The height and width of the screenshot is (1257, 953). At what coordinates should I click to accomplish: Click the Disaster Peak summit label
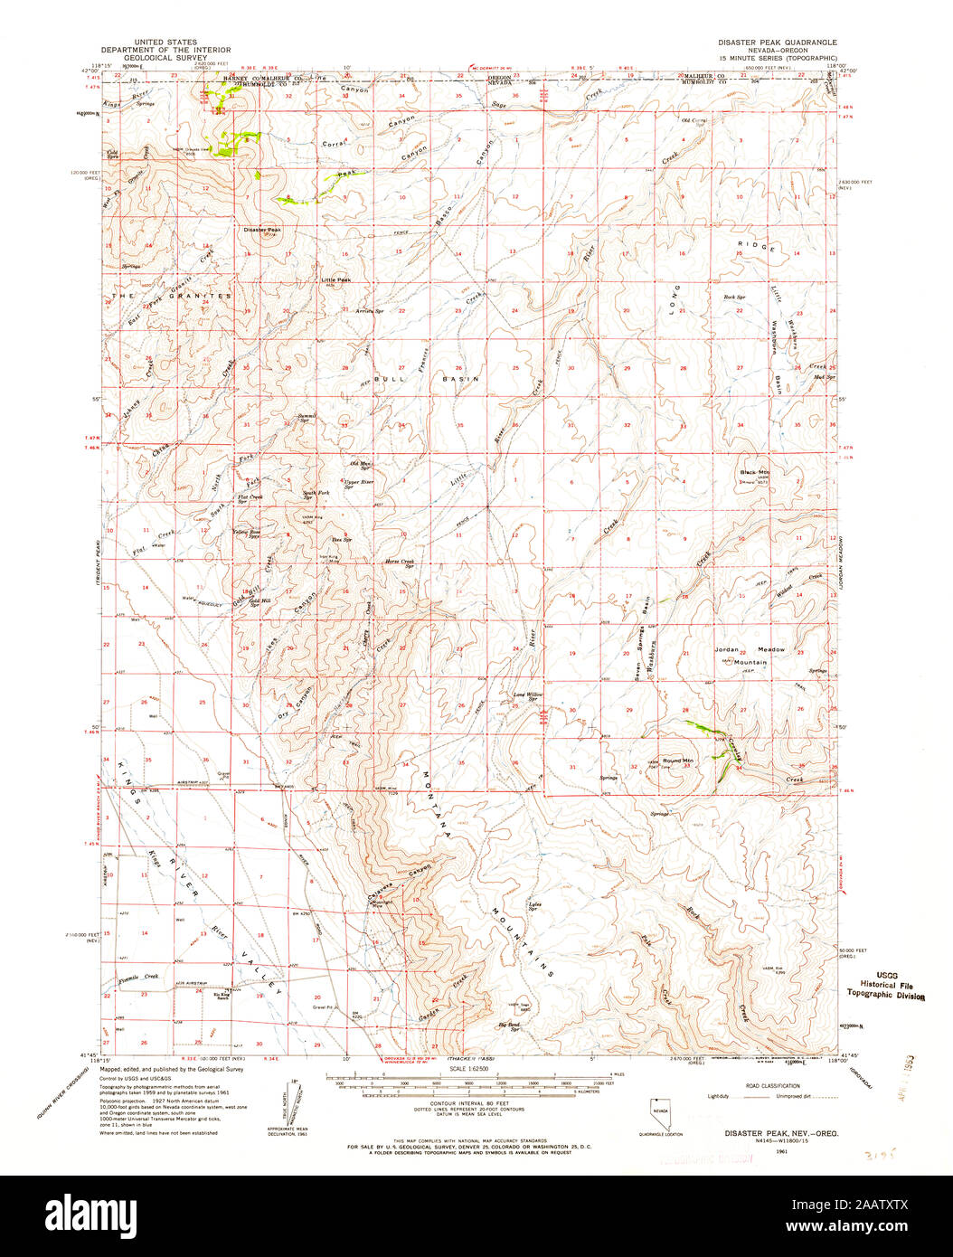262,230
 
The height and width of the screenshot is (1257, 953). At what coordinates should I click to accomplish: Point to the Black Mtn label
753,473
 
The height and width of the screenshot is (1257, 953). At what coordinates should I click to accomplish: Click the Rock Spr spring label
733,297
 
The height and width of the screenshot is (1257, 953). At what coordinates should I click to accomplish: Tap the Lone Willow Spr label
526,696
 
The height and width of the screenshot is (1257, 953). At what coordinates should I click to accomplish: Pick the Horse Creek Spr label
399,562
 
